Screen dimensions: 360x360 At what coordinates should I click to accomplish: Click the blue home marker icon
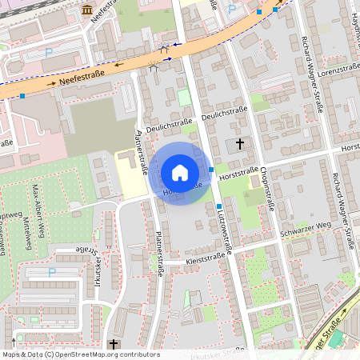pos(180,173)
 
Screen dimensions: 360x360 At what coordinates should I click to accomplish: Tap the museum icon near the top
pos(86,9)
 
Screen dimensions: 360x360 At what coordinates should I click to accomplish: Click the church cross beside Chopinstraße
pos(240,145)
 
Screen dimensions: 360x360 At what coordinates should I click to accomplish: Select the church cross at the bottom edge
pos(113,344)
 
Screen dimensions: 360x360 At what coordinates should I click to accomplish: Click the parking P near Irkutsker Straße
pos(52,272)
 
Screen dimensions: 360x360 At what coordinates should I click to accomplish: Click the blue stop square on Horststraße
pos(210,170)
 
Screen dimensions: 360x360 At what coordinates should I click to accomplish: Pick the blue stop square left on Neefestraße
pos(22,96)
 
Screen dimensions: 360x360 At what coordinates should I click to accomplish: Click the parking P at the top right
pos(232,10)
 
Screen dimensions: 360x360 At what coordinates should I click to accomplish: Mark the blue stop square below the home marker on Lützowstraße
pos(218,206)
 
